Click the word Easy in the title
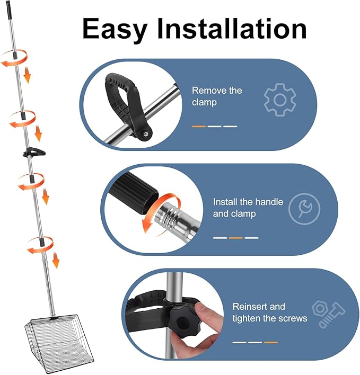tap(115, 29)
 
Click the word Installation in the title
tap(232, 28)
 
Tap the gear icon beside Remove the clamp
tap(280, 100)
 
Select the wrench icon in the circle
tap(304, 209)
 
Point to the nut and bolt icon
tap(328, 314)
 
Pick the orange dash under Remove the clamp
tap(199, 126)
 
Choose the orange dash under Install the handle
tap(235, 238)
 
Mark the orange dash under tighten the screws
tap(271, 343)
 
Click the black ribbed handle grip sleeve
tap(136, 191)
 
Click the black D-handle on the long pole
tap(34, 153)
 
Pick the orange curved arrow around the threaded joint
tap(158, 210)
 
